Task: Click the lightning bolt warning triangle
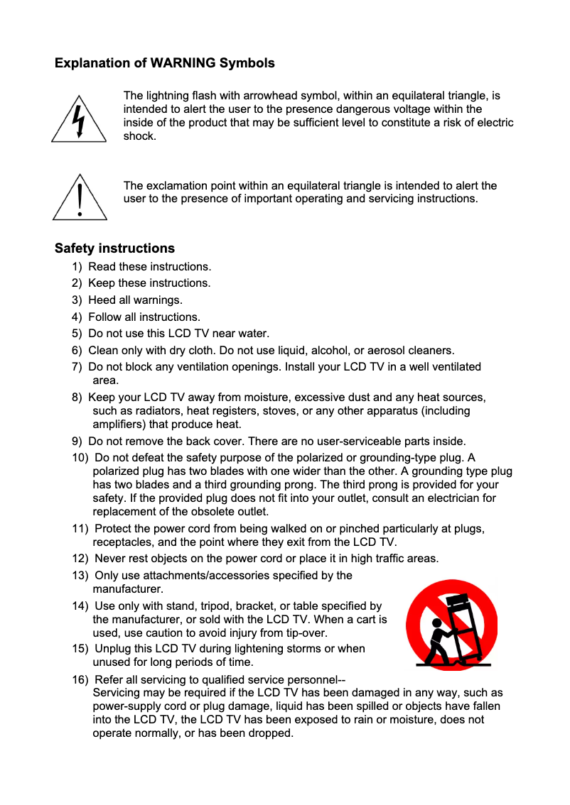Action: click(x=79, y=121)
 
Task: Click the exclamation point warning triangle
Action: click(x=80, y=199)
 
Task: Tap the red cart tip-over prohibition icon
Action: click(x=451, y=624)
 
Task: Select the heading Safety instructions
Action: click(x=114, y=248)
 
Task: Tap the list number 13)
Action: click(x=80, y=576)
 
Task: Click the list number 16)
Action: click(x=80, y=680)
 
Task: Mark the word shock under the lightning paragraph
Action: click(x=139, y=136)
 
